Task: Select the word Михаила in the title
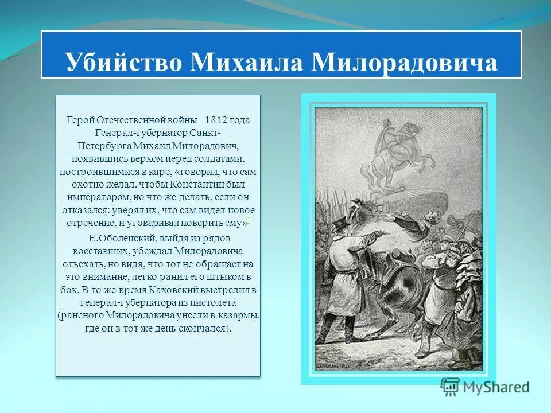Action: (249, 61)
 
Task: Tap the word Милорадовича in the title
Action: (404, 61)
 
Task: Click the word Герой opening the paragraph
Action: (80, 120)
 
